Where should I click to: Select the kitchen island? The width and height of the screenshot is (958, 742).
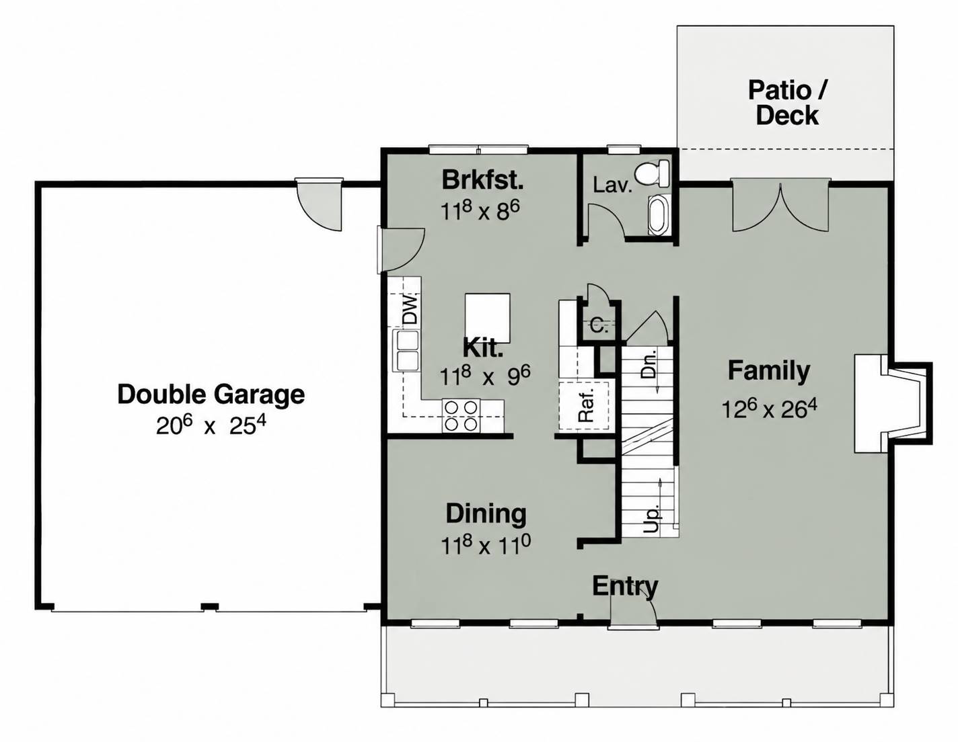point(488,318)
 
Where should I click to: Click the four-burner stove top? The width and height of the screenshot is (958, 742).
point(461,416)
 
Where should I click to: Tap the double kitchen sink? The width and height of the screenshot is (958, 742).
point(407,351)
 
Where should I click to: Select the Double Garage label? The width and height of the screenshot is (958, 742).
point(211,395)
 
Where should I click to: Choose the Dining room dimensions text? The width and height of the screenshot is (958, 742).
point(486,544)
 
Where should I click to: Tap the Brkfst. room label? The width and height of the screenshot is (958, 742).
point(483,179)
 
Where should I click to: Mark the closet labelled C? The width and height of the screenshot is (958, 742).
point(599,327)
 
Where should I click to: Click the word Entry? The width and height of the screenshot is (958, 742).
point(625,586)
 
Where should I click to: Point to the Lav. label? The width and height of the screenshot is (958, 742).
point(613,185)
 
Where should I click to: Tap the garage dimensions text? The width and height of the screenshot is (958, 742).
point(211,426)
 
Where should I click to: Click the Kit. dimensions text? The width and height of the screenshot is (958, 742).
point(485,376)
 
